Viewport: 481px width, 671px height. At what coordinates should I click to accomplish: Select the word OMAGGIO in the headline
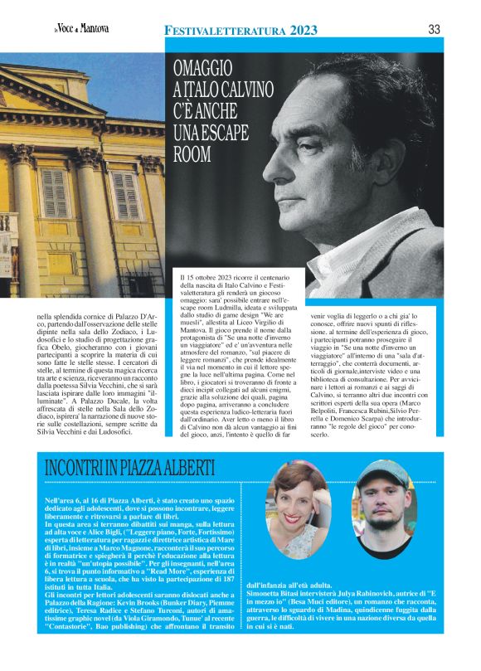(203, 71)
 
